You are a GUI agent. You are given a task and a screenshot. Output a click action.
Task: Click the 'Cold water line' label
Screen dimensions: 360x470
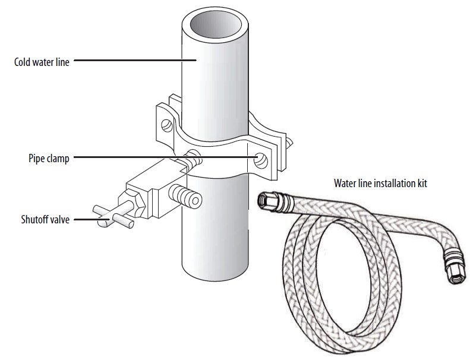pos(42,61)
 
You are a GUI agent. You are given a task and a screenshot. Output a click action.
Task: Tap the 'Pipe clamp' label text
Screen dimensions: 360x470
pos(49,159)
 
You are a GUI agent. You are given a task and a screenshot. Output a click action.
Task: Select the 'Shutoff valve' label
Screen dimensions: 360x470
pos(45,220)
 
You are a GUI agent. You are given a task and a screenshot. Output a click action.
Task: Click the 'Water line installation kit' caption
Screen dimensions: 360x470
pos(380,183)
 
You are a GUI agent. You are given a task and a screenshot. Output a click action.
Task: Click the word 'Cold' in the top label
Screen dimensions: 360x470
pos(23,61)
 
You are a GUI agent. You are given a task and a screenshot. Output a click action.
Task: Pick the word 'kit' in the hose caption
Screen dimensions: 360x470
pos(421,183)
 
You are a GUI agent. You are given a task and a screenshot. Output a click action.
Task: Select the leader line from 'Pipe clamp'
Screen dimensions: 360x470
pos(160,157)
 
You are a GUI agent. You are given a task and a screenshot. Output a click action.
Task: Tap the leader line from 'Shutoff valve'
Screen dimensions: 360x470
pos(89,219)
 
